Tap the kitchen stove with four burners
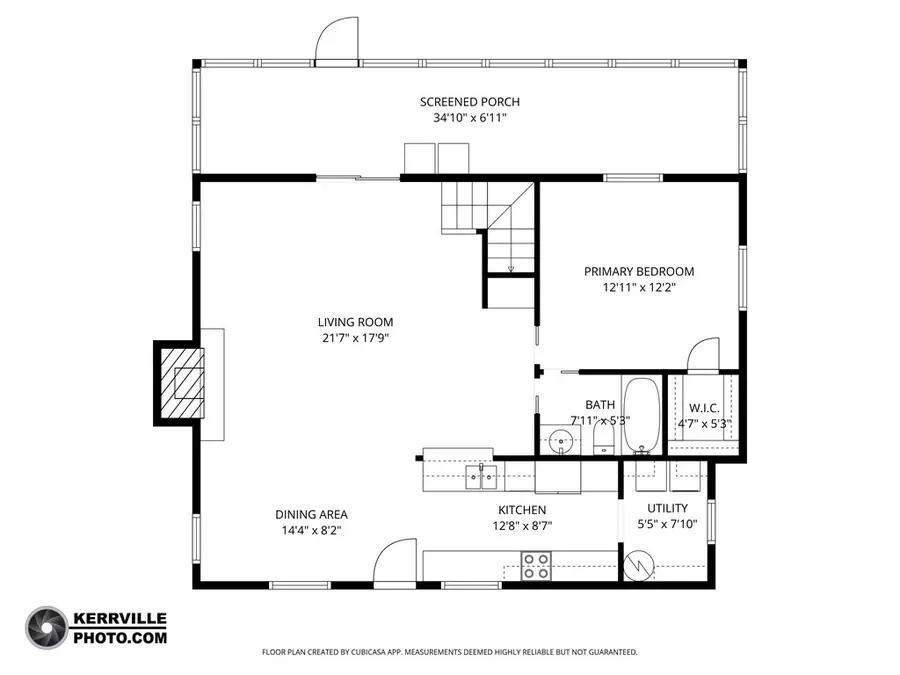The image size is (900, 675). click(536, 566)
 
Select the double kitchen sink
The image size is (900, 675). click(481, 477)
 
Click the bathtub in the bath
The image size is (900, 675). click(641, 415)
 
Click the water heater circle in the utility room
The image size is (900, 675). click(636, 566)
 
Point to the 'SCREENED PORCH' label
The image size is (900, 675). click(469, 102)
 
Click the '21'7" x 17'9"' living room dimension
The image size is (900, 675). click(355, 338)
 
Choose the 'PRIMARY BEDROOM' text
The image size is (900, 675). click(638, 271)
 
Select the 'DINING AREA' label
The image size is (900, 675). click(311, 515)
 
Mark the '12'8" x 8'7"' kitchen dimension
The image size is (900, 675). click(522, 525)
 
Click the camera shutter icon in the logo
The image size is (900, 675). click(45, 626)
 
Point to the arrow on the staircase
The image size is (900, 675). click(511, 266)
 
